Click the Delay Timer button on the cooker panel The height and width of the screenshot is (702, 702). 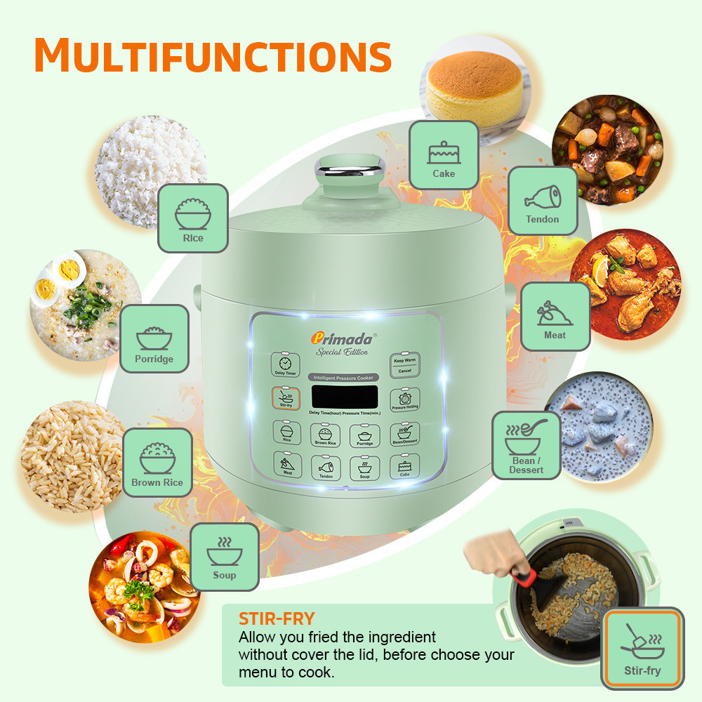click(x=284, y=365)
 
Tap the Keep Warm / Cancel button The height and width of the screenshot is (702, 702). click(x=404, y=365)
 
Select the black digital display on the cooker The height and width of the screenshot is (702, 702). click(x=345, y=397)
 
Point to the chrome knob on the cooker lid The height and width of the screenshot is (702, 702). click(x=343, y=168)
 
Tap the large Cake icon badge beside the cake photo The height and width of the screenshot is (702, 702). click(x=443, y=155)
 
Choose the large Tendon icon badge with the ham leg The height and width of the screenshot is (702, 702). click(x=543, y=200)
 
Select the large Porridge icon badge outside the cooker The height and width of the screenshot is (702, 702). click(x=154, y=339)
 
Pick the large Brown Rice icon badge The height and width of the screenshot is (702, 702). click(x=157, y=463)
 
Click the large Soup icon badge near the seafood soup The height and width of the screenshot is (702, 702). click(x=225, y=557)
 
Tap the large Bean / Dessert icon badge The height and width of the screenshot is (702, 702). click(x=526, y=445)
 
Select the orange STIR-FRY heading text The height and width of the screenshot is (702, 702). click(x=277, y=618)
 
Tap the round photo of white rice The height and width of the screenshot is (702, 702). click(x=150, y=168)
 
